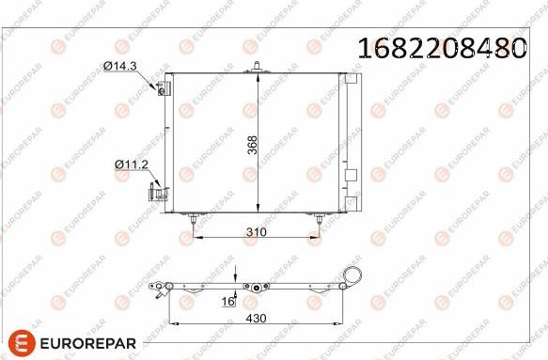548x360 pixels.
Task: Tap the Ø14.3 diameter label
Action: [120, 66]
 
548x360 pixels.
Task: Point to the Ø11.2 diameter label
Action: [132, 164]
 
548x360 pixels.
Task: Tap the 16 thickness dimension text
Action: [226, 301]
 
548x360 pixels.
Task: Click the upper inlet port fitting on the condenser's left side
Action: [162, 88]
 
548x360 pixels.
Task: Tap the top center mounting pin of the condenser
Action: [258, 67]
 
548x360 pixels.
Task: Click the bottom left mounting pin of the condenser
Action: [193, 220]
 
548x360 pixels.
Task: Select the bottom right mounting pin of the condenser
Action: [319, 220]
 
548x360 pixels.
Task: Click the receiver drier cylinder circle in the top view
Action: [354, 275]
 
